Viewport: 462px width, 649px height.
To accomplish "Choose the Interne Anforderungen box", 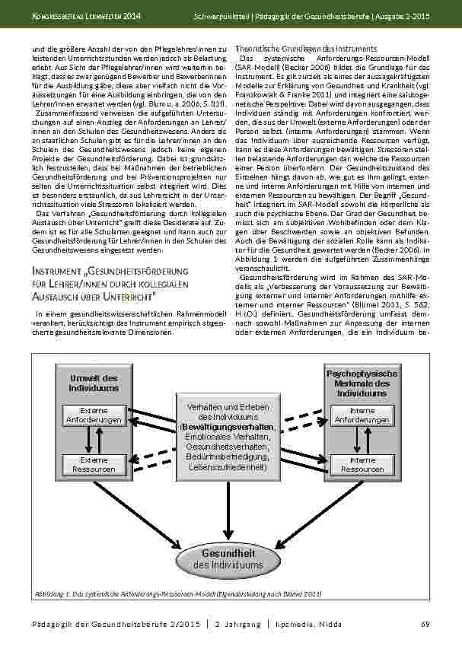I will (x=362, y=415).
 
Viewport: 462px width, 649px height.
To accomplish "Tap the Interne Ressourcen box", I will (x=362, y=464).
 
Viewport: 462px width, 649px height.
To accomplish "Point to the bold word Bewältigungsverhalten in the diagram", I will (x=227, y=428).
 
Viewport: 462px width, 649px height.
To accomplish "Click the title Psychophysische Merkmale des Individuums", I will (x=362, y=383).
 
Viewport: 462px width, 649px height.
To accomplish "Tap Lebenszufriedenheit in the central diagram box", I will (x=227, y=467).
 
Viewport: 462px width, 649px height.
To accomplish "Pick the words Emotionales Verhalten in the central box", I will (x=227, y=437).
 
